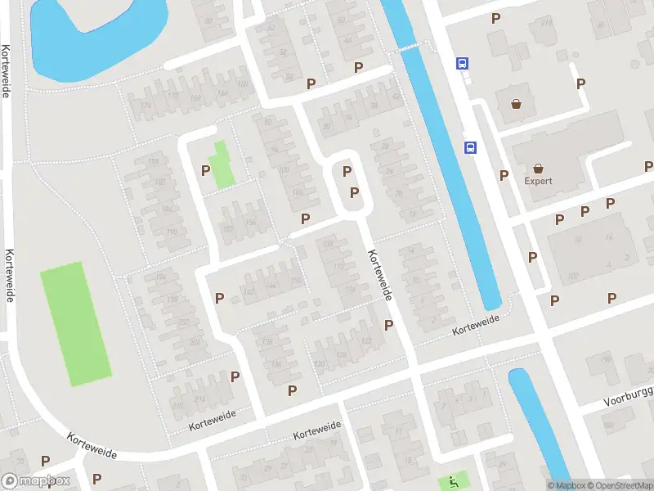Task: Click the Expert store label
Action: point(539,181)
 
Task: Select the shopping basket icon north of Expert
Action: point(517,105)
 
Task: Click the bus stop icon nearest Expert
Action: point(470,148)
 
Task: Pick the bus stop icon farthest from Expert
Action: point(462,63)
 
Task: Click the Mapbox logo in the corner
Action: point(35,481)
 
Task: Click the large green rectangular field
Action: point(76,324)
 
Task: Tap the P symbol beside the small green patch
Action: point(205,170)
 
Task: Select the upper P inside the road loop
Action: point(347,172)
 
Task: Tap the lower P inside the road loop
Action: point(354,192)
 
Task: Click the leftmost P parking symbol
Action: point(46,462)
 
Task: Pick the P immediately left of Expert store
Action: point(504,175)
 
